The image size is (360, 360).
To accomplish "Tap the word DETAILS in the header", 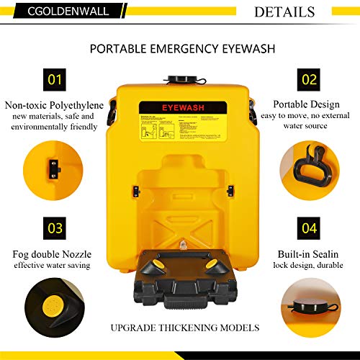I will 284,12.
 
